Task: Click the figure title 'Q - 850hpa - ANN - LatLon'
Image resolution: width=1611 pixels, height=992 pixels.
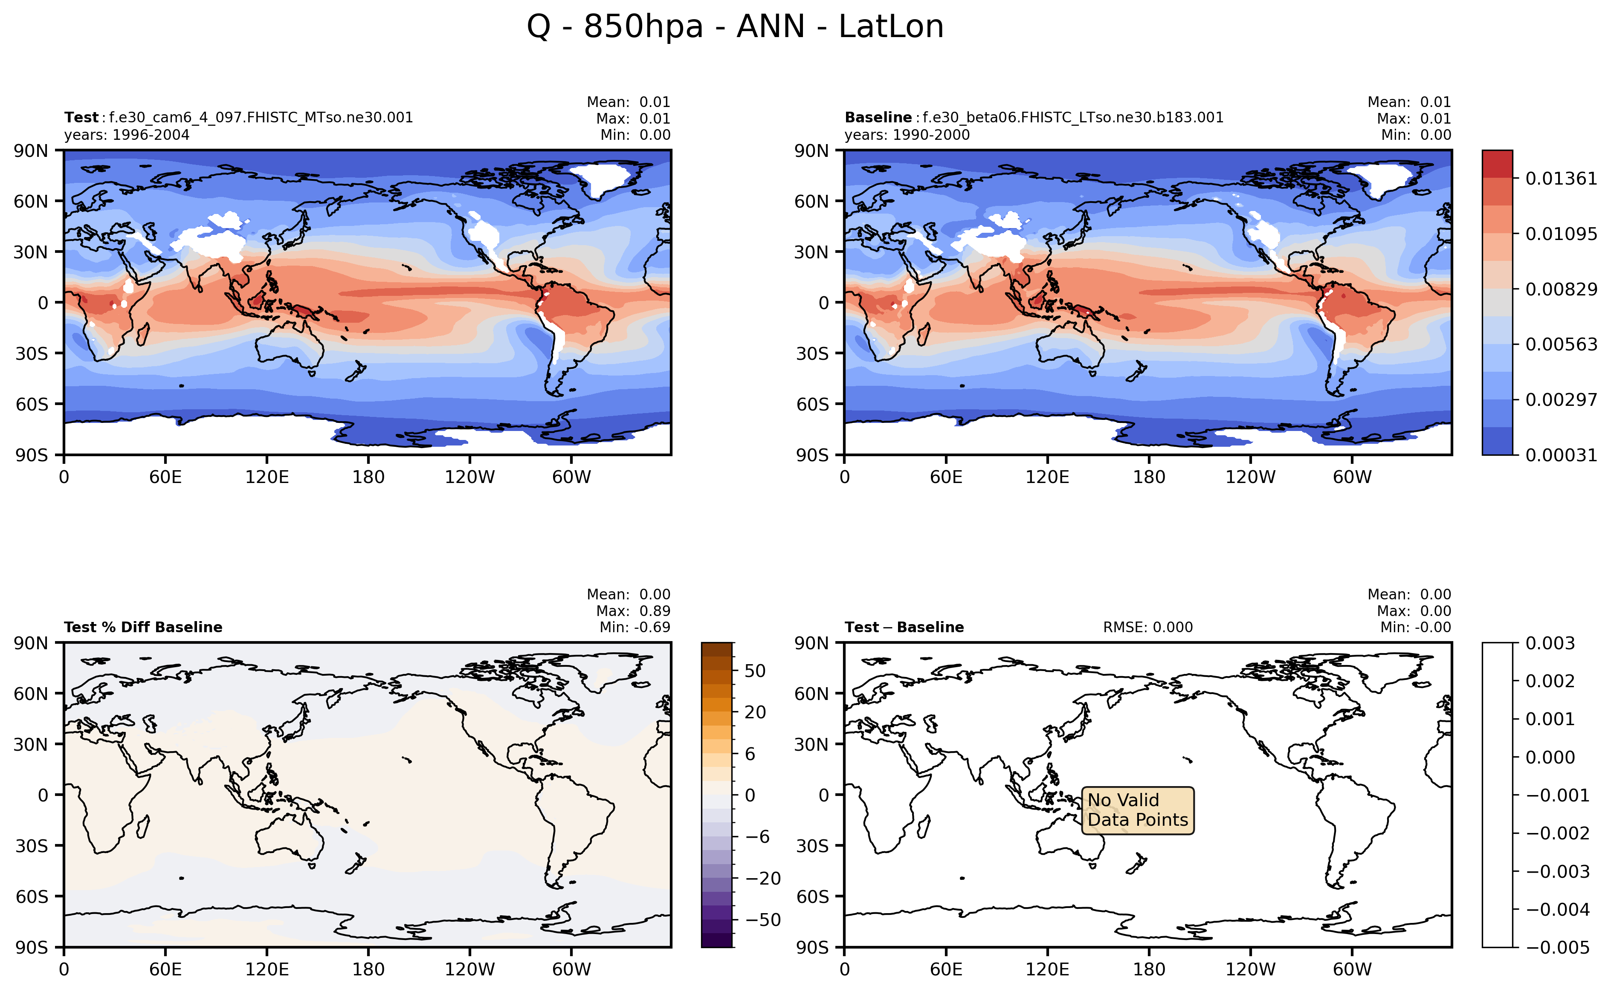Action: coord(735,27)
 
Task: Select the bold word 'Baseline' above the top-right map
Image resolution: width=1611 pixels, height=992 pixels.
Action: coord(878,117)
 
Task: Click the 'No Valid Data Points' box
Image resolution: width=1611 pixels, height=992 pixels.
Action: coord(1137,810)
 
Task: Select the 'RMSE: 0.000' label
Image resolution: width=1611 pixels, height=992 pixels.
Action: coord(1148,627)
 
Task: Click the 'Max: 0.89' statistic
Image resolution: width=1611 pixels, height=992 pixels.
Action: coord(633,611)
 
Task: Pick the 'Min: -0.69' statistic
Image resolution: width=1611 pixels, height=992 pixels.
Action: coord(635,627)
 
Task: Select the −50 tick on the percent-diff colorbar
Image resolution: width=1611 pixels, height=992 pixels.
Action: coord(762,920)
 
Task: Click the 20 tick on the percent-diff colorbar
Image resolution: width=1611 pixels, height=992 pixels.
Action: coord(755,712)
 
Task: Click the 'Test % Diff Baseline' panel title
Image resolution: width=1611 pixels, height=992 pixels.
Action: coord(143,627)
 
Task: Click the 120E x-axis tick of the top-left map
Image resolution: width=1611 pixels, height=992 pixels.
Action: coord(267,477)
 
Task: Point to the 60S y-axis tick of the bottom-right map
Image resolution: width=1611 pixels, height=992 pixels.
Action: coord(812,896)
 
